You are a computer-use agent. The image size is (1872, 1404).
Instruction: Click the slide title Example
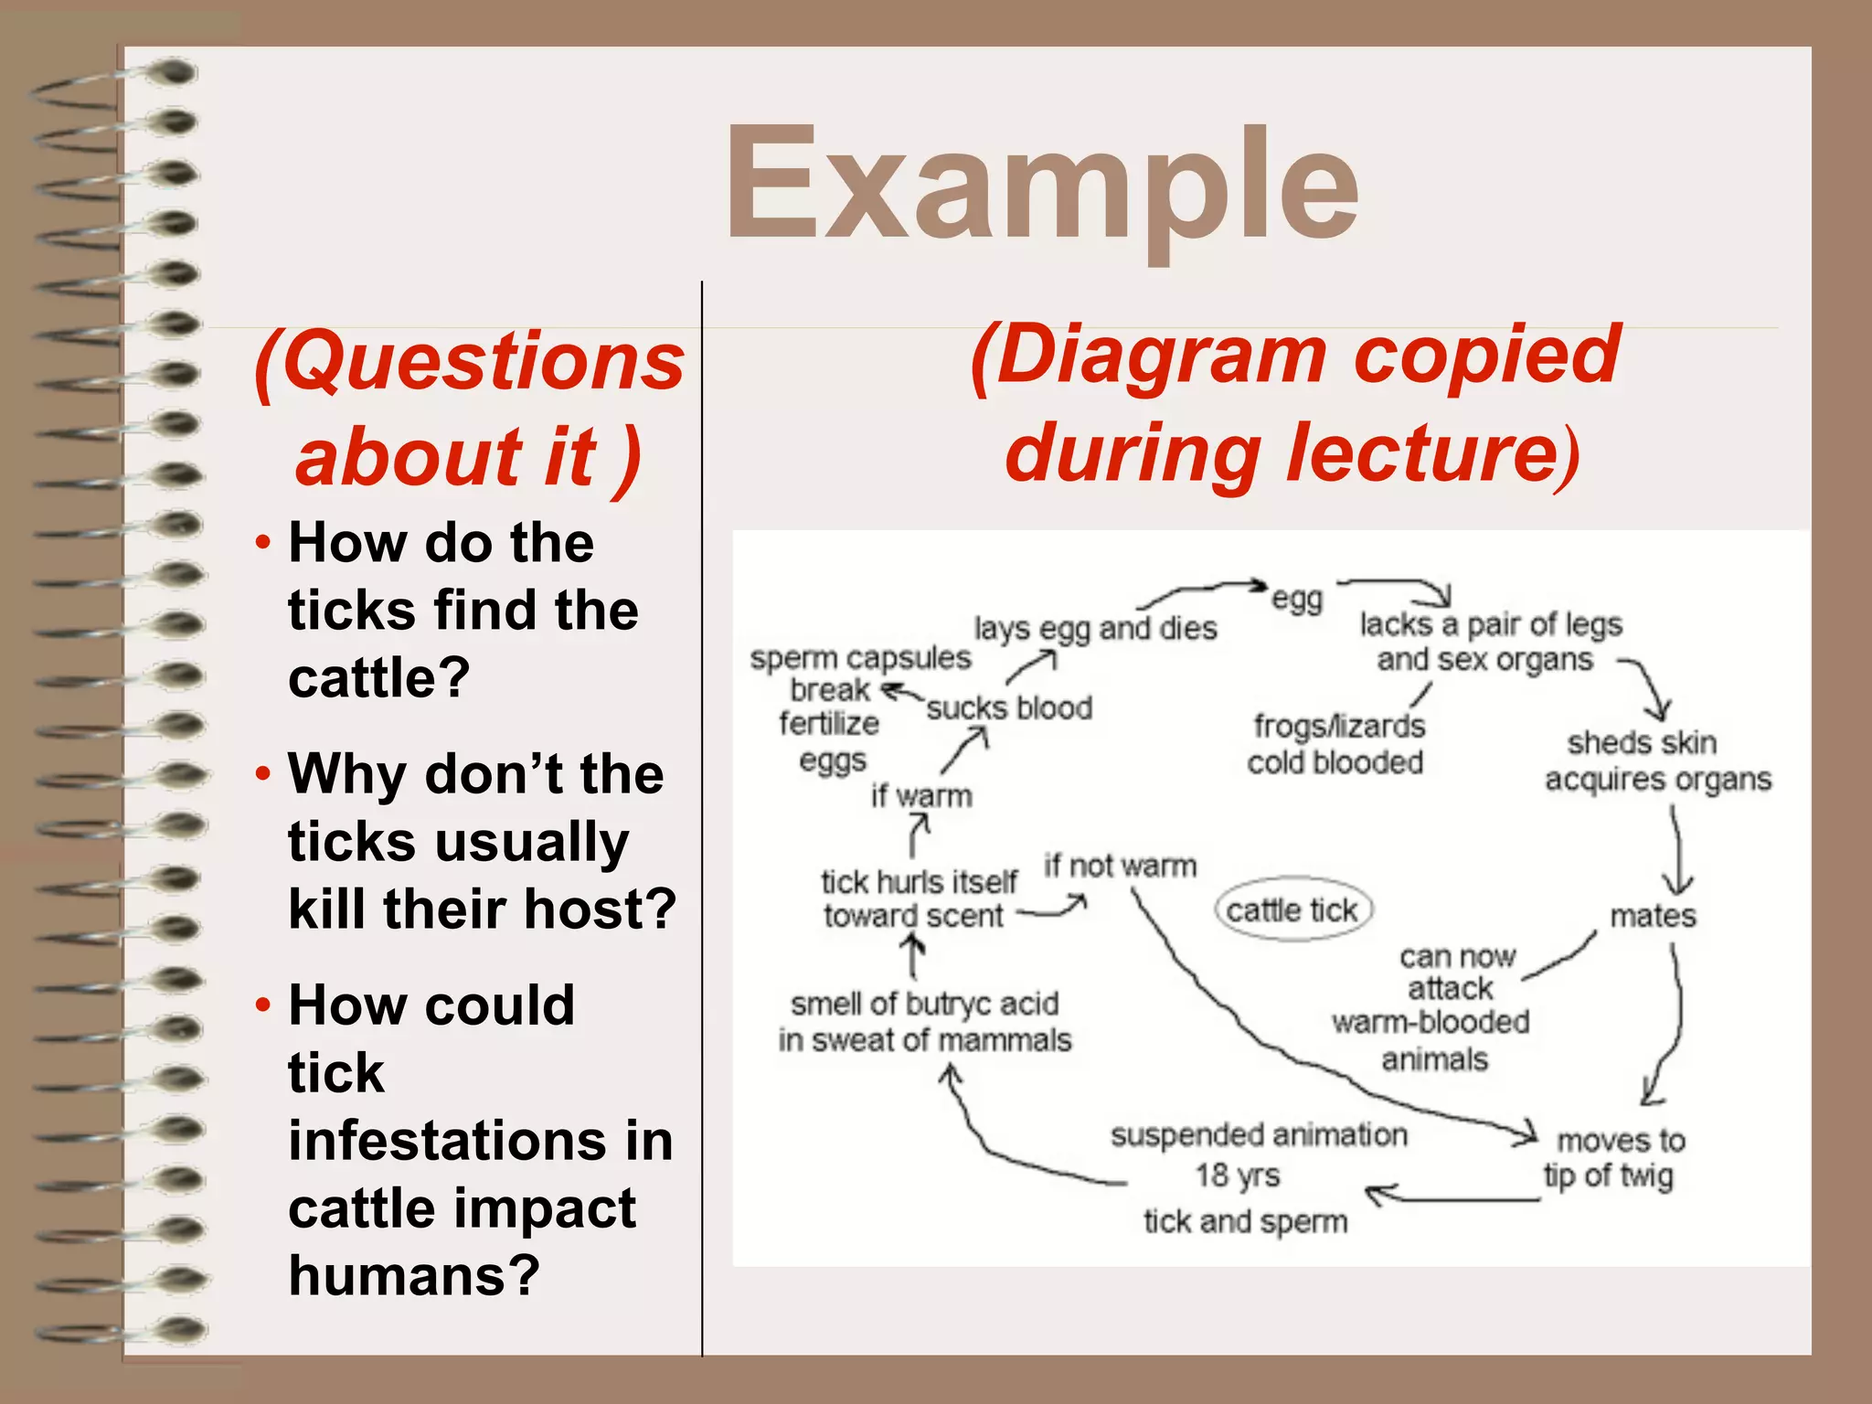point(1042,187)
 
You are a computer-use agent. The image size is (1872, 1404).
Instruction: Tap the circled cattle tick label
point(1292,910)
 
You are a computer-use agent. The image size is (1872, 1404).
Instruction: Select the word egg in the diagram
point(1297,600)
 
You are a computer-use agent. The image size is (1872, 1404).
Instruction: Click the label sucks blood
point(1009,708)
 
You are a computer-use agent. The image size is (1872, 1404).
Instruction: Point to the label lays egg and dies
point(1095,629)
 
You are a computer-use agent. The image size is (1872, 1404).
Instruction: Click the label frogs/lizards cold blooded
point(1336,744)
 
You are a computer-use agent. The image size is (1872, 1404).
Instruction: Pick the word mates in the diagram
point(1653,915)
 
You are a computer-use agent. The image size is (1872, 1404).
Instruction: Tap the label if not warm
point(1120,865)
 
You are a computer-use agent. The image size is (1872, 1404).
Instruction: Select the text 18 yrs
point(1238,1175)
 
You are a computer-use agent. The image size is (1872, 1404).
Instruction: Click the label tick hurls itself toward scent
point(917,899)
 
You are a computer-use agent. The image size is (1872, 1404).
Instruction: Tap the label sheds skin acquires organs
point(1656,760)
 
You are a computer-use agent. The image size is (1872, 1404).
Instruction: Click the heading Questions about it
point(469,409)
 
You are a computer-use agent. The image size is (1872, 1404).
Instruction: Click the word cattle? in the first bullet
point(379,678)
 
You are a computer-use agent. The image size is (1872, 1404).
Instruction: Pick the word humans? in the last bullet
point(414,1275)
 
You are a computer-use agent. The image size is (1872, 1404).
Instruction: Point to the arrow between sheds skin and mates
point(1677,850)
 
